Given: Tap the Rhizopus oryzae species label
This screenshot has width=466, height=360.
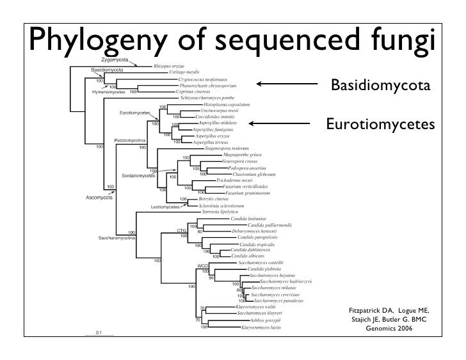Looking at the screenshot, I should (169, 65).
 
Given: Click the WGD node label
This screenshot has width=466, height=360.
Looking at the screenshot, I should (203, 265).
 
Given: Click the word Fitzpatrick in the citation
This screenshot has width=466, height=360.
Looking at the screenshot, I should (365, 311).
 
